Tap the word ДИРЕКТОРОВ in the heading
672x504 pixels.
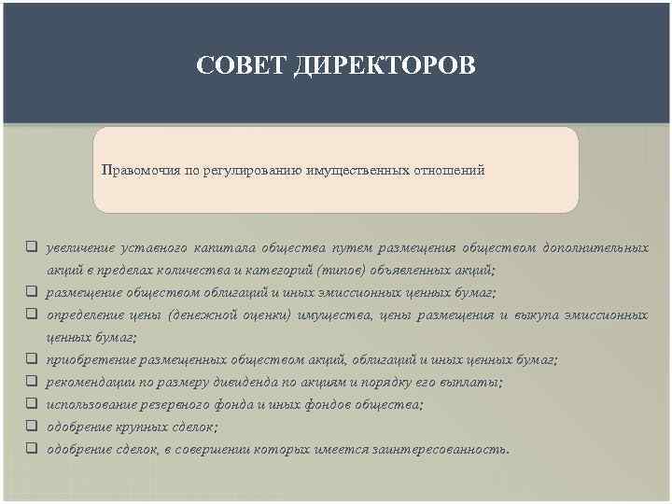coord(384,66)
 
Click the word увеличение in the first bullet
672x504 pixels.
coord(81,248)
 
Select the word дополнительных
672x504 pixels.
coord(595,248)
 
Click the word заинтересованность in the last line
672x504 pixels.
coord(448,449)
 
